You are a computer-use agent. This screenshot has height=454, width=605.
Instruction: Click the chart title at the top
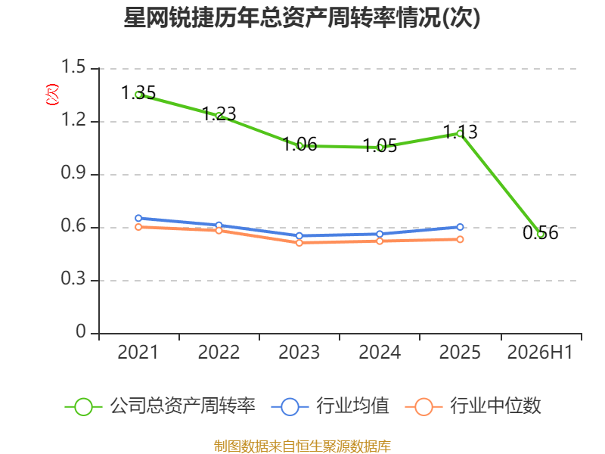point(302,17)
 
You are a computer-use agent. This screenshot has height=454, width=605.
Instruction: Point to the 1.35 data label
point(138,92)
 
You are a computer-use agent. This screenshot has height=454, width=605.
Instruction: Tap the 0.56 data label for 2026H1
point(541,233)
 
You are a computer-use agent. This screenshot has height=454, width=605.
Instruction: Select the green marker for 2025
point(460,134)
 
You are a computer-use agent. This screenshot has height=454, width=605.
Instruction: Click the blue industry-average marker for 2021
point(138,218)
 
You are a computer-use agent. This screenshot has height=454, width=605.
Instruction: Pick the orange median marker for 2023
point(299,243)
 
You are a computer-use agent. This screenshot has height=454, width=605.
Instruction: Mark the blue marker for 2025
point(460,227)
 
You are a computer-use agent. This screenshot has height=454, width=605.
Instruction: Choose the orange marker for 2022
point(219,231)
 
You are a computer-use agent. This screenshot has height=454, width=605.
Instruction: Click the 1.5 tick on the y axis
point(73,67)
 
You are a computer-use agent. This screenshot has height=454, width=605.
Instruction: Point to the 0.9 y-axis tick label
point(73,173)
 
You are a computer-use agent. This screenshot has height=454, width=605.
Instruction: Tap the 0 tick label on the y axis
point(81,331)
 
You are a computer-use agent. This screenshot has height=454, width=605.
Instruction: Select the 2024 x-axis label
point(380,353)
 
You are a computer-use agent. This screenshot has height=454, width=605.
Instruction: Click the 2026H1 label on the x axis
point(540,353)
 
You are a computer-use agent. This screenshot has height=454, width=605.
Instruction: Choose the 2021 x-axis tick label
point(138,353)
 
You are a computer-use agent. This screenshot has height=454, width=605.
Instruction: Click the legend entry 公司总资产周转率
point(160,406)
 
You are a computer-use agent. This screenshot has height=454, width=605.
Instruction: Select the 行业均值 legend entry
point(330,406)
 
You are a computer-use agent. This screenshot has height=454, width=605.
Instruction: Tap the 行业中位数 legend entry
point(473,406)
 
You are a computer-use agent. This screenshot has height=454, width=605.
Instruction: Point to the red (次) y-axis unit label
point(52,95)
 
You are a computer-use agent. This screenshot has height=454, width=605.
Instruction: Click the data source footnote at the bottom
point(302,446)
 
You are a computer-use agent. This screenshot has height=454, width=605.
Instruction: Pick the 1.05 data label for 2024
point(380,146)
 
